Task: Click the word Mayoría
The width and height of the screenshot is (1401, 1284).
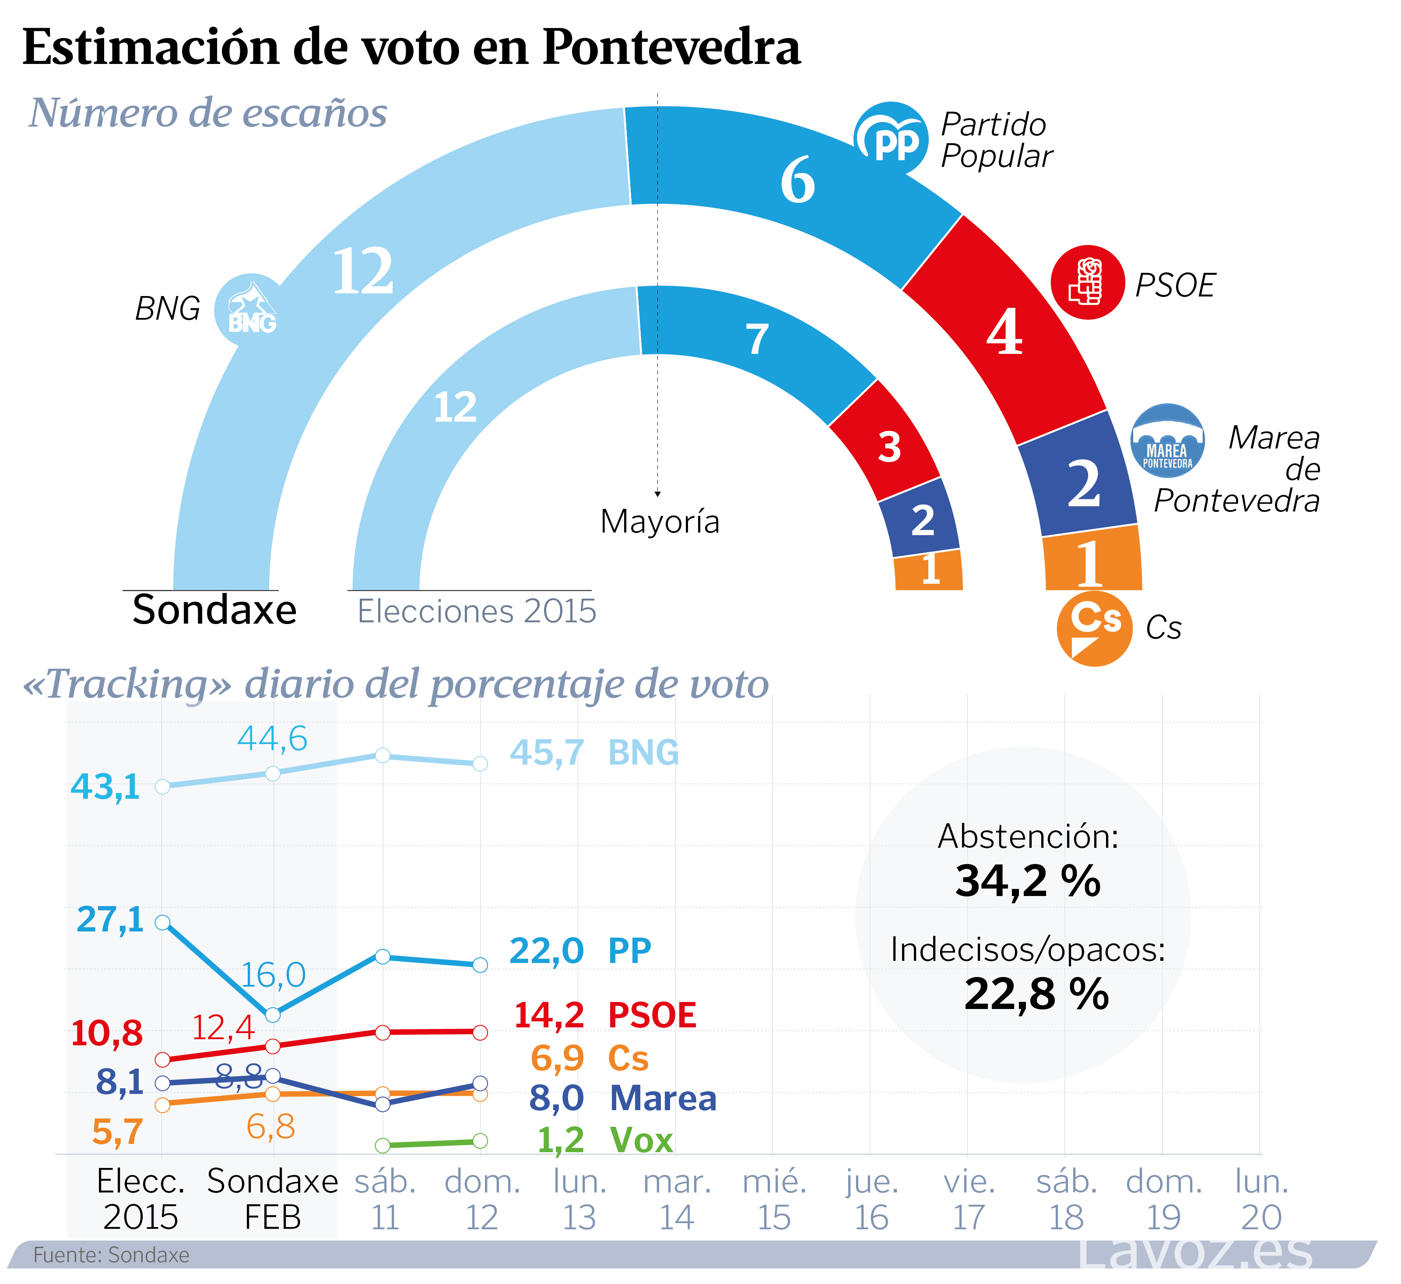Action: point(660,522)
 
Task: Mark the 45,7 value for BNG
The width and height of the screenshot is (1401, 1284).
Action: point(546,753)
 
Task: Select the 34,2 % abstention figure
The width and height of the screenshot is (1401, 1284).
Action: point(1027,881)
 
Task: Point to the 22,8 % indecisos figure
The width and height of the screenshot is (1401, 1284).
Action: point(1036,993)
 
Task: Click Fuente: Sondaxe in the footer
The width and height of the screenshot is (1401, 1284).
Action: point(111,1255)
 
